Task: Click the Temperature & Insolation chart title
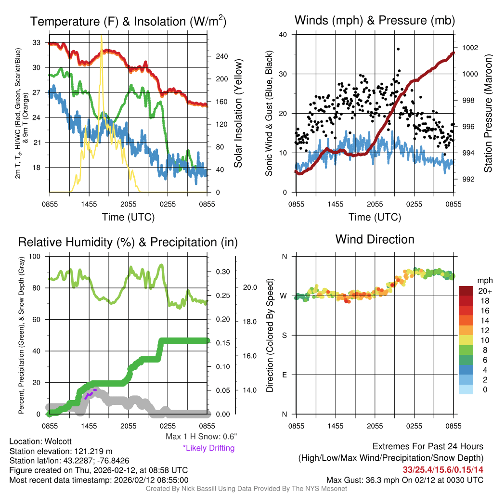click(128, 22)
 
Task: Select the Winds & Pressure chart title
click(375, 20)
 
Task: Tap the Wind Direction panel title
click(375, 239)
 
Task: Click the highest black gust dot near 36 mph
click(398, 49)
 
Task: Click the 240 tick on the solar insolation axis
click(221, 56)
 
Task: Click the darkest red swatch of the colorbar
click(466, 291)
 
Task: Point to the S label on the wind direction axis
click(285, 335)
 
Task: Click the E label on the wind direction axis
click(285, 375)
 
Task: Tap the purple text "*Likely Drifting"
click(208, 448)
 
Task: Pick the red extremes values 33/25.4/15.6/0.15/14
click(442, 469)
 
